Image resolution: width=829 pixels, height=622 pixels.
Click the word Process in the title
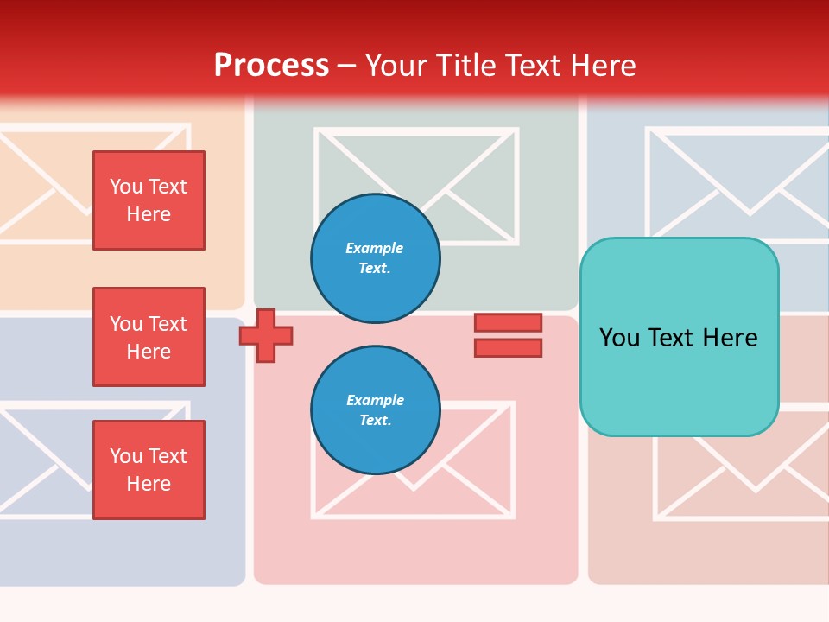(x=271, y=66)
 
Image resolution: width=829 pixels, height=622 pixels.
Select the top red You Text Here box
(x=149, y=200)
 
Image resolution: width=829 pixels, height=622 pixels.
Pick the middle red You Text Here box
(x=149, y=337)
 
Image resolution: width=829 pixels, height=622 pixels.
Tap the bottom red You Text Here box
(x=149, y=470)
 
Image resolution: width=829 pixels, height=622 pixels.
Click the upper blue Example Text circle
(x=376, y=257)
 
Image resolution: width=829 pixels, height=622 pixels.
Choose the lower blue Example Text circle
(x=376, y=409)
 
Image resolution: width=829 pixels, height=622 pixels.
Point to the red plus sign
(x=266, y=334)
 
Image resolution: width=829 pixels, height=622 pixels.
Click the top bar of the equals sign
(x=508, y=322)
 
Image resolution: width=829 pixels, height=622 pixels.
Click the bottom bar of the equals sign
(x=508, y=347)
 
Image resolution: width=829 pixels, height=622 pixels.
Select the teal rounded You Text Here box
(x=679, y=337)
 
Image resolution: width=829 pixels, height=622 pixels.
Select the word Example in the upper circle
(x=374, y=248)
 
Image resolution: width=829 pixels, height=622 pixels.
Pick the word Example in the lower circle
(x=375, y=400)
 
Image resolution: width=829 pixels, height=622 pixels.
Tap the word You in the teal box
(x=620, y=337)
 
